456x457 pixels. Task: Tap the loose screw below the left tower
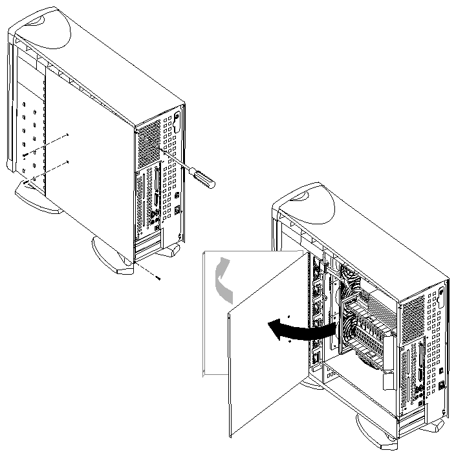[158, 277]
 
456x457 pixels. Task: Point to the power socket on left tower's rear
[178, 211]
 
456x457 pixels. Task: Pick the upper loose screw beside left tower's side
[67, 135]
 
